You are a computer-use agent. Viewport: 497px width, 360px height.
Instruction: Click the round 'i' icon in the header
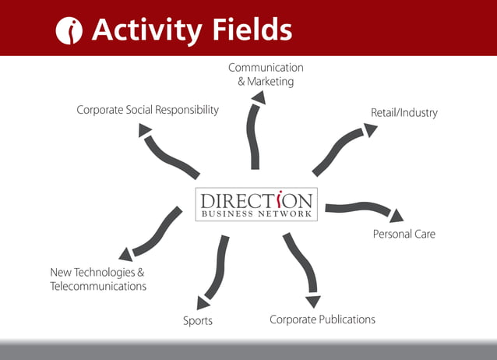coord(70,30)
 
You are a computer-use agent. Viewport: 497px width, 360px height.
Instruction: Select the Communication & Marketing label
coord(266,75)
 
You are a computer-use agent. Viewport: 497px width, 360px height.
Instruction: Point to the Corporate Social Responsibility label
coord(147,110)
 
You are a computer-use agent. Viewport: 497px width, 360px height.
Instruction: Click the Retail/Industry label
coord(404,113)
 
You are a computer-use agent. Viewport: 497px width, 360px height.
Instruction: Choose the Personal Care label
coord(404,234)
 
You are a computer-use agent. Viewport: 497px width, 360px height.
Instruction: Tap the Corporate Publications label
coord(322,319)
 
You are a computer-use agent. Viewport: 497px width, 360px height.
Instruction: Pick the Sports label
coord(198,320)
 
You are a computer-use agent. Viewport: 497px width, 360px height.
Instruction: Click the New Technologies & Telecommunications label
coord(98,279)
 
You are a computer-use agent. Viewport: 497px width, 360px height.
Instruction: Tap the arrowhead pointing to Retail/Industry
coord(370,130)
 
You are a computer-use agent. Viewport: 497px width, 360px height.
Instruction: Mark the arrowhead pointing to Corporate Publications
coord(313,301)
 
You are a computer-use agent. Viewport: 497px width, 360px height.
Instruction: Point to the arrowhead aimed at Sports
coord(203,302)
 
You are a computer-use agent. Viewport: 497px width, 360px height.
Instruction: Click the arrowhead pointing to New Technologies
coord(125,254)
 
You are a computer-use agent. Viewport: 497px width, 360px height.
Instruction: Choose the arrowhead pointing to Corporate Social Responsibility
coord(145,130)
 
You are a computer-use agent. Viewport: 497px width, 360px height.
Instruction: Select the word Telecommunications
coord(98,286)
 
